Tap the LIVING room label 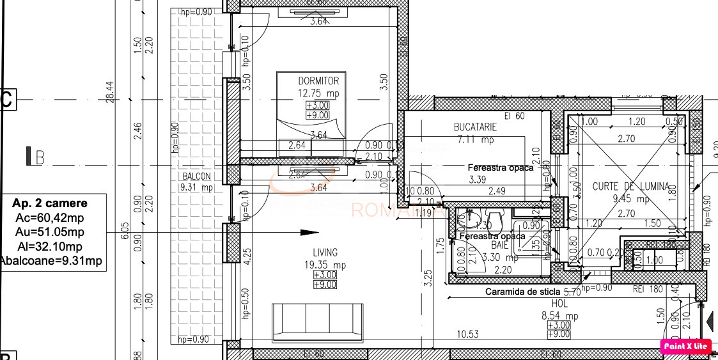(325, 253)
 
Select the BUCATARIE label (475, 127)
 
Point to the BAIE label (499, 245)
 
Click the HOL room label (559, 304)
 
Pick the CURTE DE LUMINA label (630, 187)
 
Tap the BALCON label (198, 176)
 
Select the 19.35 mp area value (325, 265)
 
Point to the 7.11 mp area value (479, 139)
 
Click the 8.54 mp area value (560, 315)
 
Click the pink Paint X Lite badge (685, 346)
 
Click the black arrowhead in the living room (309, 232)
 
